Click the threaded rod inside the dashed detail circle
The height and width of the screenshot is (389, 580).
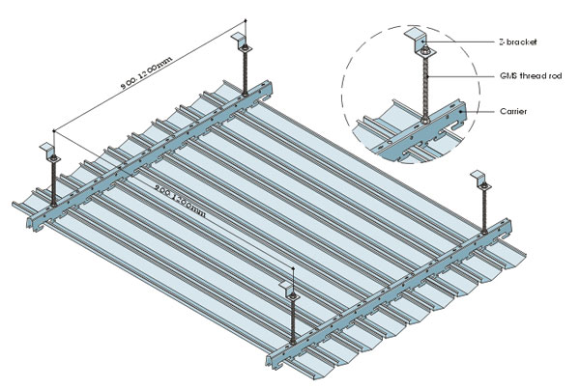coord(424,82)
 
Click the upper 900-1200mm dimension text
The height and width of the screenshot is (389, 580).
coord(146,71)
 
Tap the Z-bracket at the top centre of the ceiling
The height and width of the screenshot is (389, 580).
coord(241,42)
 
